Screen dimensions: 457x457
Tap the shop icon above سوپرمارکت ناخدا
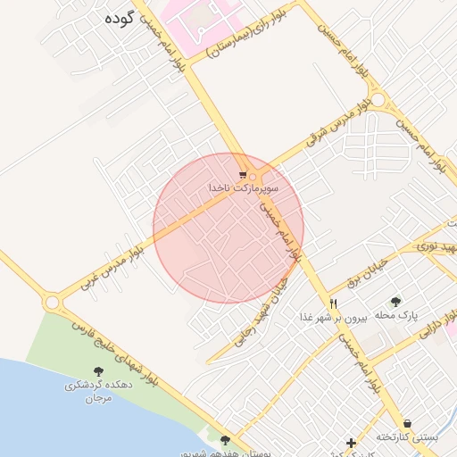coord(243,175)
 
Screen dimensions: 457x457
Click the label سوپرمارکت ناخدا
coord(244,188)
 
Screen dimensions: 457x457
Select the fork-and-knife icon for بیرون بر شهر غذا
coord(334,303)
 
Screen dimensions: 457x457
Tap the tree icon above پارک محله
coord(395,302)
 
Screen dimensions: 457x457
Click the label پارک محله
coord(396,316)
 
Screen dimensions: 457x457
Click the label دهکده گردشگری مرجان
coord(97,391)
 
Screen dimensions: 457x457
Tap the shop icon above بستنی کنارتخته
coord(407,422)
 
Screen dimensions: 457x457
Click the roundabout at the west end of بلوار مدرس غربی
coord(51,303)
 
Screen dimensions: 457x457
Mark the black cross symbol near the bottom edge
coord(351,443)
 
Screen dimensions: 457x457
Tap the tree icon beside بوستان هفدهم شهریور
coord(224,440)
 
